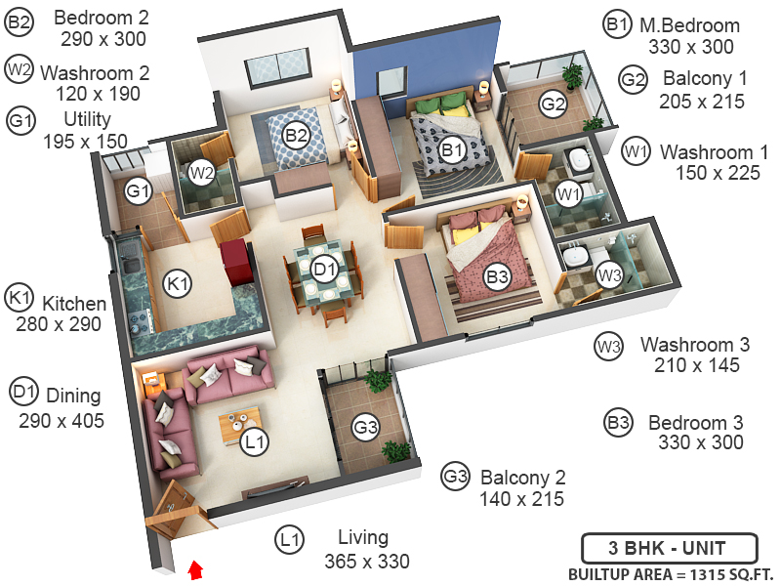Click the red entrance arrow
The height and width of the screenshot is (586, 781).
point(195,569)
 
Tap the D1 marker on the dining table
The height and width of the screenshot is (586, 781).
point(324,266)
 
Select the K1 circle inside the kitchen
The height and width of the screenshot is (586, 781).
point(177,284)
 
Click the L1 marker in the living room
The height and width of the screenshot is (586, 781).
point(255,442)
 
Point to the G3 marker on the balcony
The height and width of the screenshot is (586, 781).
point(366,427)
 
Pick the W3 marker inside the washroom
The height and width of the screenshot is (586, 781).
point(609,274)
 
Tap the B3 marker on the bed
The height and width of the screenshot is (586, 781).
point(498,277)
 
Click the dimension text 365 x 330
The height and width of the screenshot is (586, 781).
point(366,562)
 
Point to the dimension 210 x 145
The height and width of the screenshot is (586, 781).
point(697,366)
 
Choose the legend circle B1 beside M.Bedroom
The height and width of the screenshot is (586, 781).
point(616,26)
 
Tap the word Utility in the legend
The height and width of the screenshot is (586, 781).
point(87,119)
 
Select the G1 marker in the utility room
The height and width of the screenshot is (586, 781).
point(138,191)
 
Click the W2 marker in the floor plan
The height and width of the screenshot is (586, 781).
point(201,173)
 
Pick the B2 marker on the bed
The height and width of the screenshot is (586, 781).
point(297,136)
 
